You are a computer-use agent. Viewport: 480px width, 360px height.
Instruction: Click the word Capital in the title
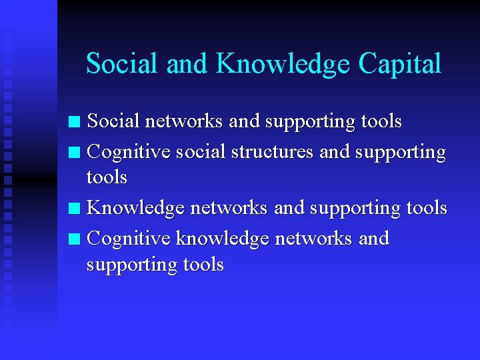(400, 64)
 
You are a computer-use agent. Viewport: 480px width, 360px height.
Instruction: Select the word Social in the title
(123, 64)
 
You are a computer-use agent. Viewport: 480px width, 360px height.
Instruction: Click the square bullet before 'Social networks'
(75, 122)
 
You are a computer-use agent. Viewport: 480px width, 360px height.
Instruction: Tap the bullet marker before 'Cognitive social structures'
(75, 153)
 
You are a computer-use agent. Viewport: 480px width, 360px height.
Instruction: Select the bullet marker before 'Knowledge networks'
(75, 209)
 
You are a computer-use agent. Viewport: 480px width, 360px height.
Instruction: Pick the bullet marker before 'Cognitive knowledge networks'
(75, 239)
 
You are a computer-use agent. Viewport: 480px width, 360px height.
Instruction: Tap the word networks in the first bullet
(183, 121)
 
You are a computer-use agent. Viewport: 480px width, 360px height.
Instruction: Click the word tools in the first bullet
(381, 121)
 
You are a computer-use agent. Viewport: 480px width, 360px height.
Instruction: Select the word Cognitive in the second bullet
(129, 152)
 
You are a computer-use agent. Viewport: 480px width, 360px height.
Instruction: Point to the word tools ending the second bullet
(107, 177)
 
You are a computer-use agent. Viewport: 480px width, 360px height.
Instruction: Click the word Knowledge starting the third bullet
(136, 208)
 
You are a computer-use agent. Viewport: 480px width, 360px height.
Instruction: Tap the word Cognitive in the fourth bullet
(129, 238)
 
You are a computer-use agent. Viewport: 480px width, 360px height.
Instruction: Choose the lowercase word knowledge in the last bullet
(222, 239)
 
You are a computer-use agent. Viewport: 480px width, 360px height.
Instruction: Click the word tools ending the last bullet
(203, 265)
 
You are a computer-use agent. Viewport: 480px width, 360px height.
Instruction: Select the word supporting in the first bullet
(310, 122)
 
